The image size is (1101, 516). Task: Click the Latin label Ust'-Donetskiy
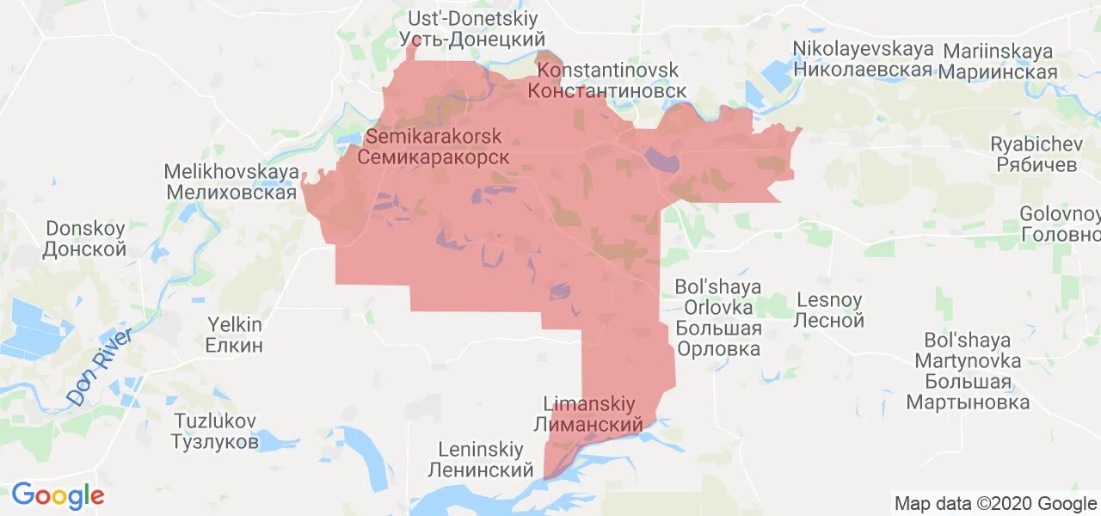[x=472, y=19]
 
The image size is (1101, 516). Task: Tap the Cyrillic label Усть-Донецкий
[x=472, y=40]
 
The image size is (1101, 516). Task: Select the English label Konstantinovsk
[x=607, y=71]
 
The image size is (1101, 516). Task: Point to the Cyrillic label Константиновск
[x=607, y=91]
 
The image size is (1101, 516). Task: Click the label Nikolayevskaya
[x=863, y=49]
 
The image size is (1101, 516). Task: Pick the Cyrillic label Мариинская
[x=998, y=72]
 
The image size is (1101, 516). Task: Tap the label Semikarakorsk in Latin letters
[x=434, y=137]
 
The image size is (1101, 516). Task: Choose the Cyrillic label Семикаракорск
[x=433, y=157]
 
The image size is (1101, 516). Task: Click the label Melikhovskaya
[x=231, y=172]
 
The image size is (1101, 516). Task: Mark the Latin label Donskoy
[x=85, y=229]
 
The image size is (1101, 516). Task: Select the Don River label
[x=99, y=366]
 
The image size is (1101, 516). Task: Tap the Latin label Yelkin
[x=235, y=325]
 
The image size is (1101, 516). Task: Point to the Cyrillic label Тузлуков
[x=214, y=443]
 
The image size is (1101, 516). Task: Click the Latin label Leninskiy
[x=481, y=450]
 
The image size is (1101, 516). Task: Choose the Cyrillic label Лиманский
[x=588, y=425]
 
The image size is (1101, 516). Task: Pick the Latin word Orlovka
[x=718, y=307]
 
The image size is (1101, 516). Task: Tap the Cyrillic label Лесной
[x=830, y=322]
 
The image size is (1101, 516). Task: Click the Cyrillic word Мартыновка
[x=968, y=402]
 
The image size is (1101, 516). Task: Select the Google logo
[x=58, y=495]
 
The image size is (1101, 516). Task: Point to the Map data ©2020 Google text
[x=994, y=503]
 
